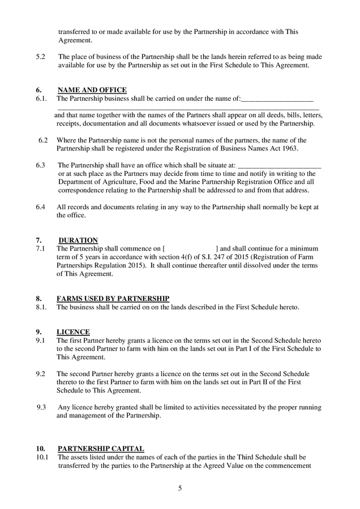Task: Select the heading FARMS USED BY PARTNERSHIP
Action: pos(113,299)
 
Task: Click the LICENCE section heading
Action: pos(73,332)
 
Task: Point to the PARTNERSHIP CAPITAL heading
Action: pos(101,448)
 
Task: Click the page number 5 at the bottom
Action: pos(180,489)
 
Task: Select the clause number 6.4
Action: pos(40,207)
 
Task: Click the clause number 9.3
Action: pos(41,407)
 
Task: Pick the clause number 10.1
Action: pos(42,456)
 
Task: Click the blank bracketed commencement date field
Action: pos(190,249)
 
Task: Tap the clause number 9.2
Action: pos(40,374)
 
